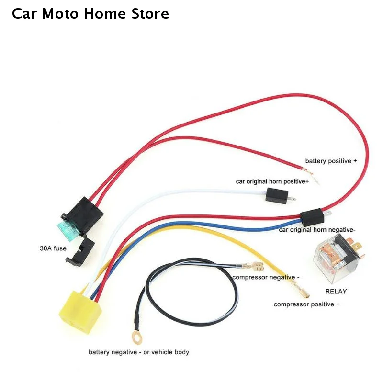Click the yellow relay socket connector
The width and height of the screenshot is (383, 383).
[80, 311]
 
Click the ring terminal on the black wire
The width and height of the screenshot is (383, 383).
[137, 338]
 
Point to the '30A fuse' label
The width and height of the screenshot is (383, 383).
[53, 248]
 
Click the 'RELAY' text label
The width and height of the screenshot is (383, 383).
[336, 292]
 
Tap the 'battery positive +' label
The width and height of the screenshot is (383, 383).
[331, 161]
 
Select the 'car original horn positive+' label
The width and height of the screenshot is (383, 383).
[272, 181]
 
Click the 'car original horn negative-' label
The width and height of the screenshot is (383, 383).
[317, 230]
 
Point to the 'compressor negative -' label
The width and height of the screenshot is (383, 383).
[266, 277]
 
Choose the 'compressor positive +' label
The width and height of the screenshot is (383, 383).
[306, 304]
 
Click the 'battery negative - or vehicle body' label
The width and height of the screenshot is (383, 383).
[139, 352]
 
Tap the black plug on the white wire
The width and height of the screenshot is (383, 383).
[277, 195]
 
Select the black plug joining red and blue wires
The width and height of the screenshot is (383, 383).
[312, 218]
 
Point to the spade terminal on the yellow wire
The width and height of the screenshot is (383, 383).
[301, 291]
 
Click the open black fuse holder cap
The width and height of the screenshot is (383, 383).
[80, 253]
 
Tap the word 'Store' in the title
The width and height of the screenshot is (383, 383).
[150, 14]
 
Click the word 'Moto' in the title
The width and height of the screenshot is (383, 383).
[60, 14]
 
